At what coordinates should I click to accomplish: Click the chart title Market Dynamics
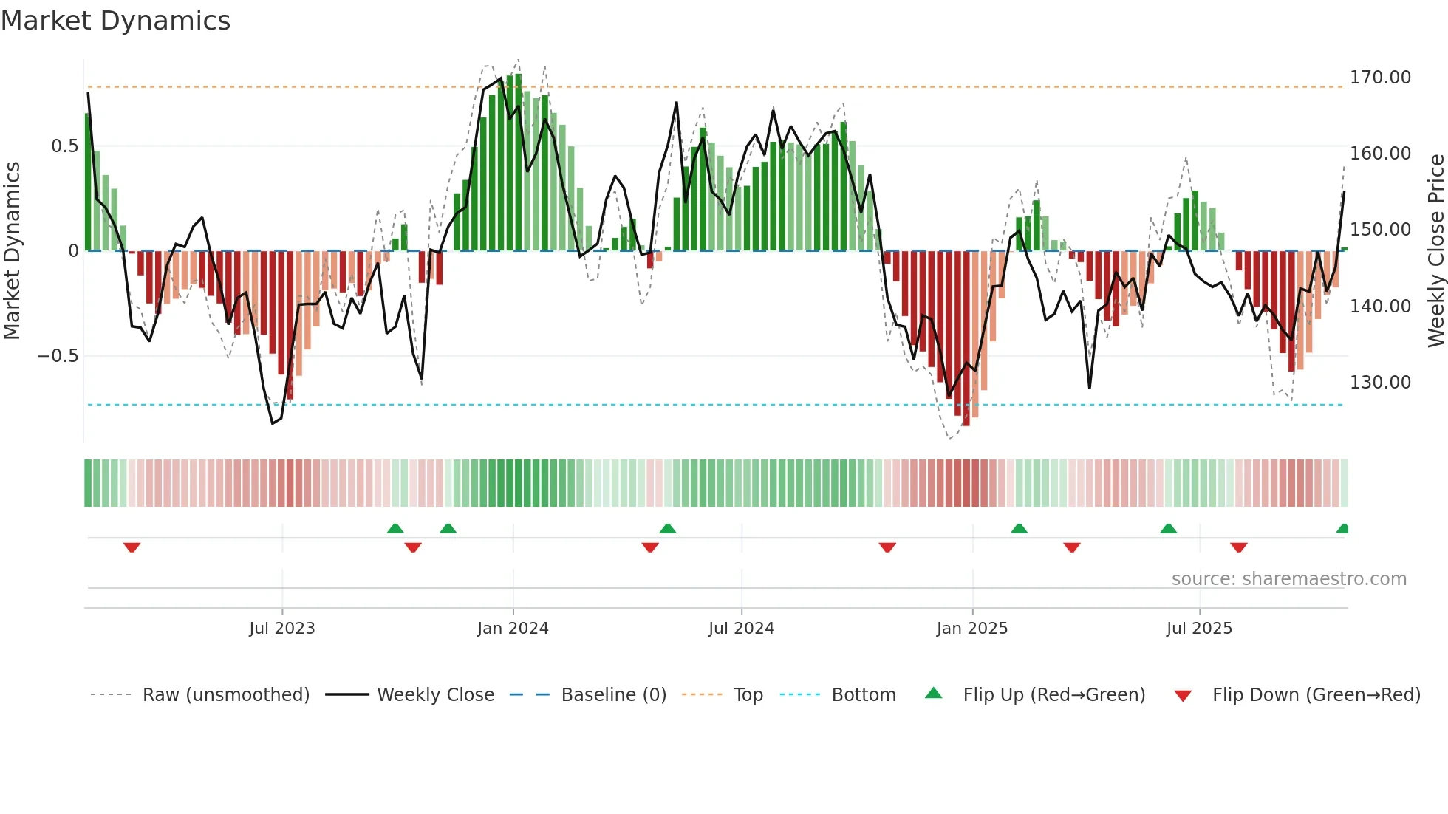click(116, 21)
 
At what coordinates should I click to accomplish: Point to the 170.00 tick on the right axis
click(1379, 78)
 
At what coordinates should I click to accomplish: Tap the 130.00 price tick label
click(1379, 383)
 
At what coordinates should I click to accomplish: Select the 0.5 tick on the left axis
click(64, 146)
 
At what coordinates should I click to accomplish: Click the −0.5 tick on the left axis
click(58, 356)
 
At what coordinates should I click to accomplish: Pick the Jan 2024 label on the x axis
click(513, 629)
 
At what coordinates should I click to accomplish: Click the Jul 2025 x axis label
click(1199, 629)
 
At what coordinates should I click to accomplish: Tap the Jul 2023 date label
click(281, 629)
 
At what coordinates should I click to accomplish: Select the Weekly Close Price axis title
click(1435, 250)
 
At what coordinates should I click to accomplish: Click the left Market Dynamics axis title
click(12, 250)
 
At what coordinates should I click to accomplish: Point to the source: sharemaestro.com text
click(1288, 579)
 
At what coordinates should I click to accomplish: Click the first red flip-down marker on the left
click(132, 547)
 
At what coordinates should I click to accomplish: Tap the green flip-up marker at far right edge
click(1342, 529)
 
